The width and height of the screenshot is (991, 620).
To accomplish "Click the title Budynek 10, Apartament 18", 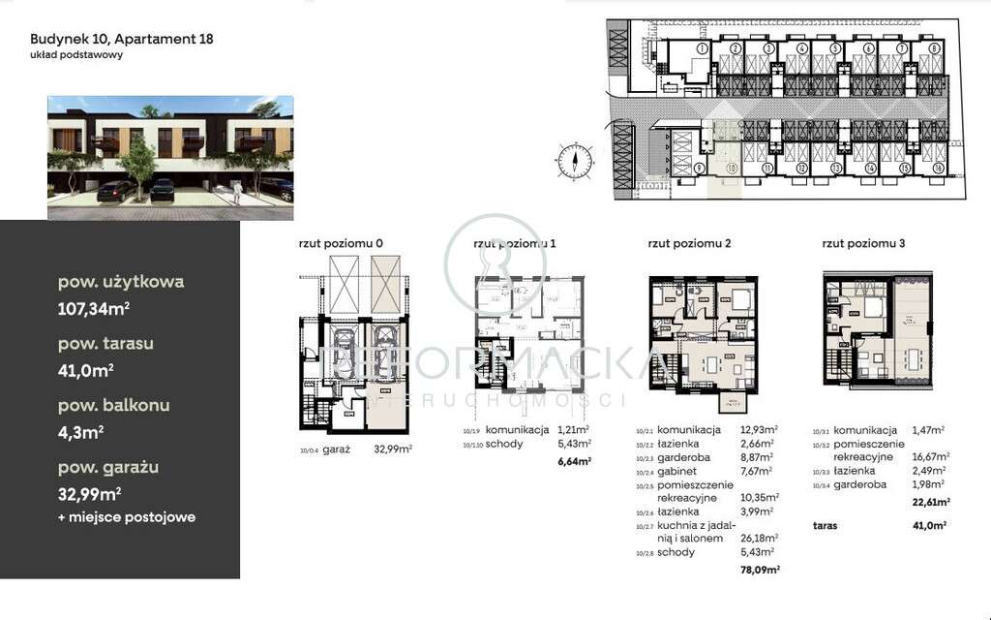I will point(121,40).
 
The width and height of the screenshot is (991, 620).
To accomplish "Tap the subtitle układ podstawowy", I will point(76,55).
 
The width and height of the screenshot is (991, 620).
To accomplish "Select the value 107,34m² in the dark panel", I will point(94,310).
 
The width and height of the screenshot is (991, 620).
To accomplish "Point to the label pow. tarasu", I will point(105,343).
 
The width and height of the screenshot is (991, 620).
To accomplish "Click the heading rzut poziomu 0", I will point(342,244).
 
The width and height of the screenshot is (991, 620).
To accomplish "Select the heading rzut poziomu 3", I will point(863,244).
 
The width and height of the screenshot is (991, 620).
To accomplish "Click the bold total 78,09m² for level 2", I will point(759,570).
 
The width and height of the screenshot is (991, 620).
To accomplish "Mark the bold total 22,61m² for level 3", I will point(928,502).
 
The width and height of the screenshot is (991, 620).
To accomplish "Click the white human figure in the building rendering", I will point(235,195).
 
